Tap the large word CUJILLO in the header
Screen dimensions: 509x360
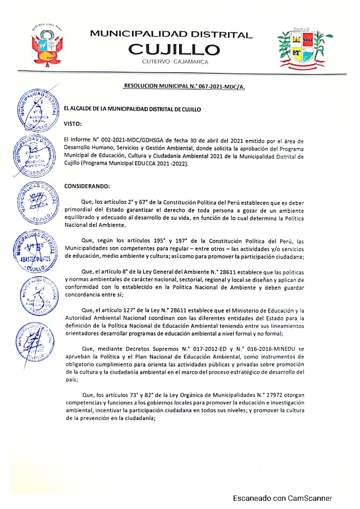[174, 49]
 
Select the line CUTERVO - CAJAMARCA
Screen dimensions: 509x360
[175, 62]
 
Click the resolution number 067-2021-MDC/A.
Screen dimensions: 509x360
[221, 87]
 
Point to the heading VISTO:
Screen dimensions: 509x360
[73, 124]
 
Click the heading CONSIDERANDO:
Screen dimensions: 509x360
[87, 186]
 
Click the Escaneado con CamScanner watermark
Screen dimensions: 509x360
[282, 498]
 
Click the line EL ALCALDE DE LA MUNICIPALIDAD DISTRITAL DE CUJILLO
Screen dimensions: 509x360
[132, 109]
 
